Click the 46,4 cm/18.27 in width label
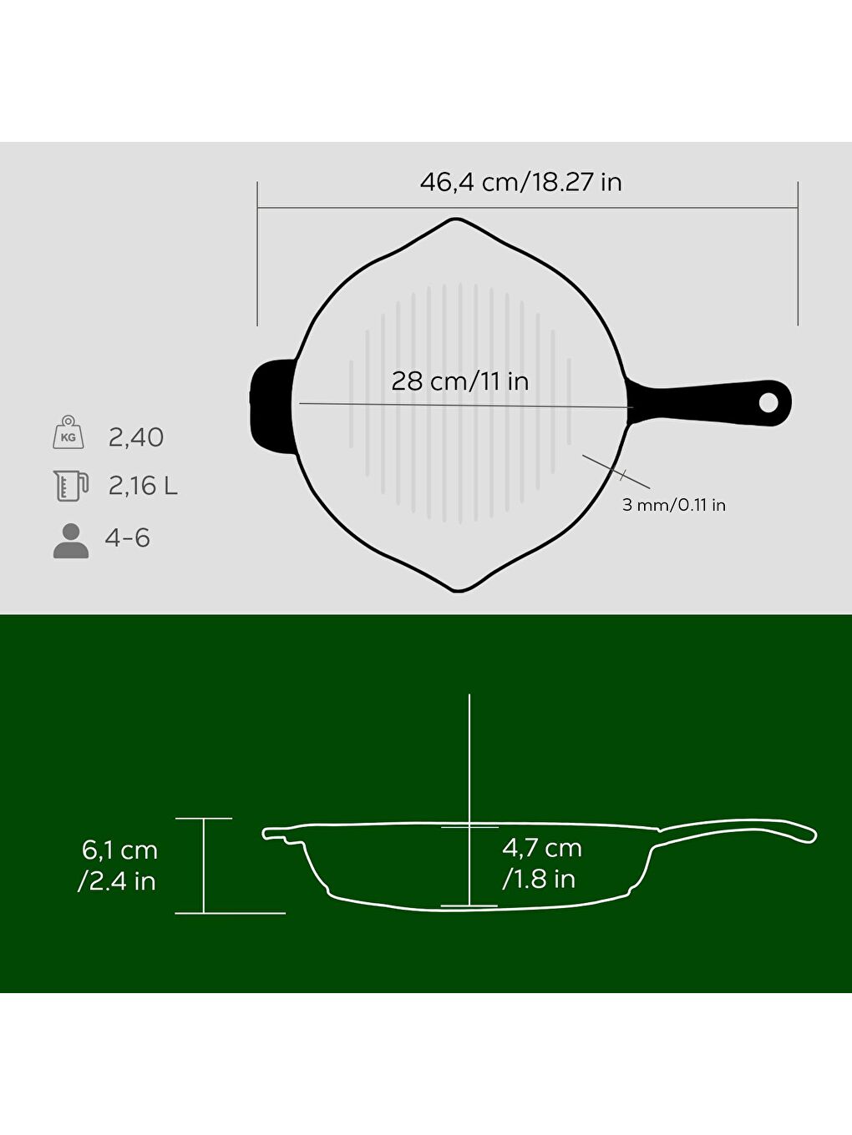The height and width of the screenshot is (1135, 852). click(x=520, y=182)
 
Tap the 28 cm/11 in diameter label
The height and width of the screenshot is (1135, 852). click(x=459, y=381)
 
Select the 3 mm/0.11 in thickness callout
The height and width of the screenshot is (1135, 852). click(x=673, y=505)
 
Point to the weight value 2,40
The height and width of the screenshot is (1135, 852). click(x=135, y=437)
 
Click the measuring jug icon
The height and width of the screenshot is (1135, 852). click(x=70, y=485)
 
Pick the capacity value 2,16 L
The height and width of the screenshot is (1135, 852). click(x=143, y=486)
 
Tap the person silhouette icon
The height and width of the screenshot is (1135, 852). click(x=70, y=541)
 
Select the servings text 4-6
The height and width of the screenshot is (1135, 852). click(x=127, y=538)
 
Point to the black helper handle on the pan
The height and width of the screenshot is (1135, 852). click(x=270, y=406)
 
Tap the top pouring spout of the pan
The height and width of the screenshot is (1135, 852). click(x=456, y=222)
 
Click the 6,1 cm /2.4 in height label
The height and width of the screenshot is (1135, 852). click(x=119, y=865)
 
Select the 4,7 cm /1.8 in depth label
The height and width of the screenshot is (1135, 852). click(x=541, y=863)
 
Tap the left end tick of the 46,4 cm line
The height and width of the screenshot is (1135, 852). click(x=257, y=254)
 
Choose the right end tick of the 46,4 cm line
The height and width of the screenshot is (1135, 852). click(x=798, y=254)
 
